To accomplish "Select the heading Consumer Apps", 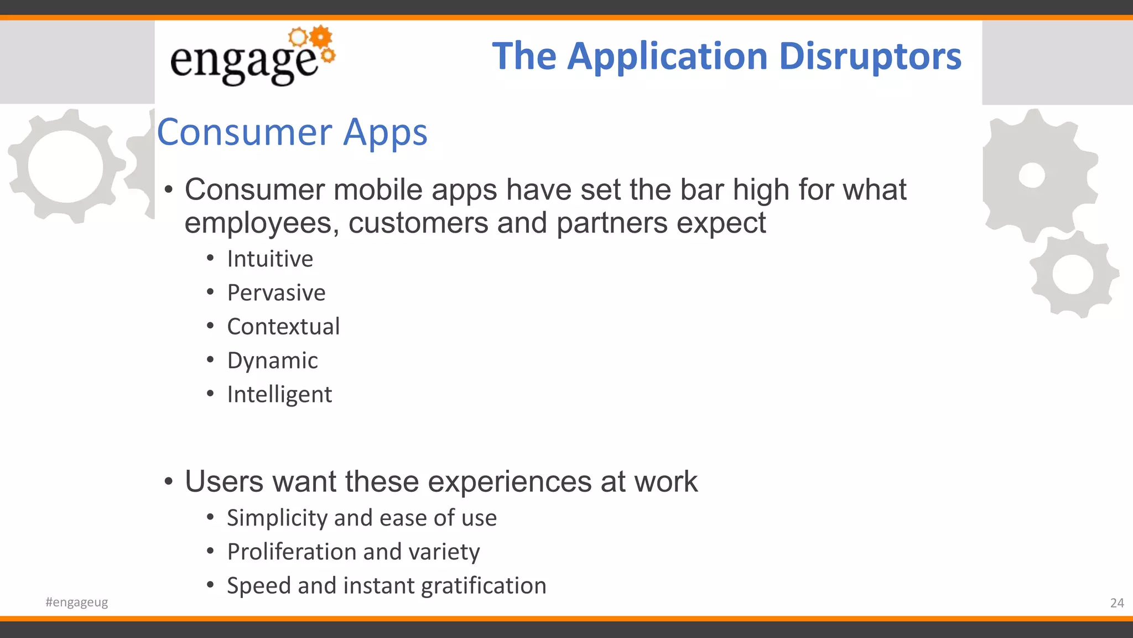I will [292, 132].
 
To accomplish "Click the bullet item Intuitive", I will [270, 259].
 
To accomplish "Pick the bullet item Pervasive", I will [276, 293].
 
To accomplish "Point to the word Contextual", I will [283, 327].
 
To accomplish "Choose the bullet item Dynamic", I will [272, 361].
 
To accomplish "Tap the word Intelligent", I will [279, 394].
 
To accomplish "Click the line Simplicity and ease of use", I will [362, 518].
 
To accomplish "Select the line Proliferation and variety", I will [354, 552].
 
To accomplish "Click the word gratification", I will [484, 586].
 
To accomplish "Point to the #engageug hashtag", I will [77, 602].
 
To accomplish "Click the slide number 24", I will [1117, 603].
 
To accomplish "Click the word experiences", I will [510, 481].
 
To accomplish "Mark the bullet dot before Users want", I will [169, 481].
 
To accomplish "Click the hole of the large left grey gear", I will [65, 166].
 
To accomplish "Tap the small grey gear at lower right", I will [1073, 275].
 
